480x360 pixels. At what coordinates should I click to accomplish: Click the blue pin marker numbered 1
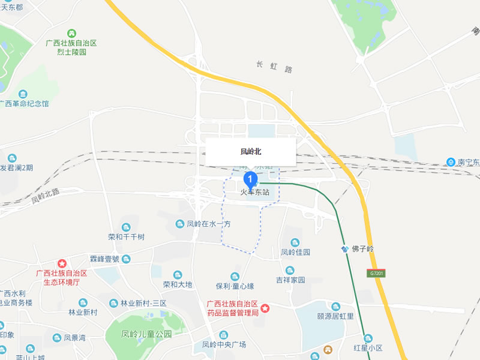click(x=251, y=179)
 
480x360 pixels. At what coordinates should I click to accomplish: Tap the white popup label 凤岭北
click(x=251, y=152)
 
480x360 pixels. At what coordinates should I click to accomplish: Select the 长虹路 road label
click(x=274, y=67)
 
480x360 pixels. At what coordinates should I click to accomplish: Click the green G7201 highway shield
click(x=376, y=274)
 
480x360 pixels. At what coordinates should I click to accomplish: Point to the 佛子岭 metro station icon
click(x=345, y=248)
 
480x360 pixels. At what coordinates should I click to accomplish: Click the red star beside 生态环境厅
click(x=62, y=263)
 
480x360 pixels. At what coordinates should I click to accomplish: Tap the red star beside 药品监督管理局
click(x=265, y=308)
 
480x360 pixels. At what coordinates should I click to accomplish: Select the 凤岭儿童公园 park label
click(x=146, y=334)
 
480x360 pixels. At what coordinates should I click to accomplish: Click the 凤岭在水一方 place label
click(x=208, y=224)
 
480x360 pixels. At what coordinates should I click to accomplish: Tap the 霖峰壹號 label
click(x=105, y=259)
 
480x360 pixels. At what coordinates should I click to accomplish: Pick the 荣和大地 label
click(x=178, y=284)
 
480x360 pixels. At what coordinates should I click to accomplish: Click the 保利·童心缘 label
click(x=235, y=285)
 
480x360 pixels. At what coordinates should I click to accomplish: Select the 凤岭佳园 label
click(x=296, y=253)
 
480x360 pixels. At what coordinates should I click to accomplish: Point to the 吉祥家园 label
click(x=290, y=280)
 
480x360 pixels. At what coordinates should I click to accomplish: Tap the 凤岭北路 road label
click(x=46, y=195)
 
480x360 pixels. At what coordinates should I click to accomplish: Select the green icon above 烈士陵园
click(x=71, y=32)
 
